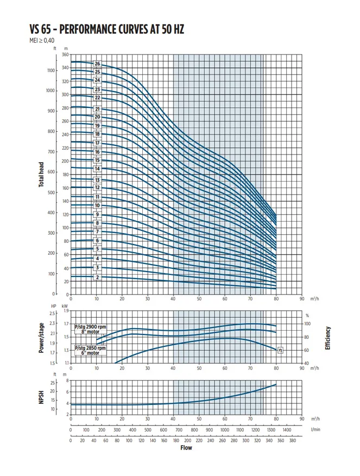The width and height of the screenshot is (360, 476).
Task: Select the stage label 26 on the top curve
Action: pyautogui.click(x=97, y=64)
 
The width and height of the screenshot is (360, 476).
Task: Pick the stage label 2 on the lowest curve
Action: pyautogui.click(x=97, y=277)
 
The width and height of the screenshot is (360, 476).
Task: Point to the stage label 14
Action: pyautogui.click(x=97, y=169)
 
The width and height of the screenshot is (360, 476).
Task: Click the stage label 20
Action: pyautogui.click(x=97, y=117)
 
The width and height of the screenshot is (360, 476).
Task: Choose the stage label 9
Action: pyautogui.click(x=97, y=215)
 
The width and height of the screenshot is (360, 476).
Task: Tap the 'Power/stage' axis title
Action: pyautogui.click(x=41, y=337)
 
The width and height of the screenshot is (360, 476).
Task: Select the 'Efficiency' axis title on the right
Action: pyautogui.click(x=327, y=337)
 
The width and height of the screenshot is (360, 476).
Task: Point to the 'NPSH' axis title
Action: pyautogui.click(x=41, y=397)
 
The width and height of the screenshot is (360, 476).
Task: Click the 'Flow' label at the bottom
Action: pyautogui.click(x=186, y=448)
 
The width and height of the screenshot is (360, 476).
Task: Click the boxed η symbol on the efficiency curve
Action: pyautogui.click(x=280, y=350)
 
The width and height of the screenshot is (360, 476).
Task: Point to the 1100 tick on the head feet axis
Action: pyautogui.click(x=51, y=70)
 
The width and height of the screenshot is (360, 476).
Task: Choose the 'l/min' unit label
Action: pyautogui.click(x=315, y=430)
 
